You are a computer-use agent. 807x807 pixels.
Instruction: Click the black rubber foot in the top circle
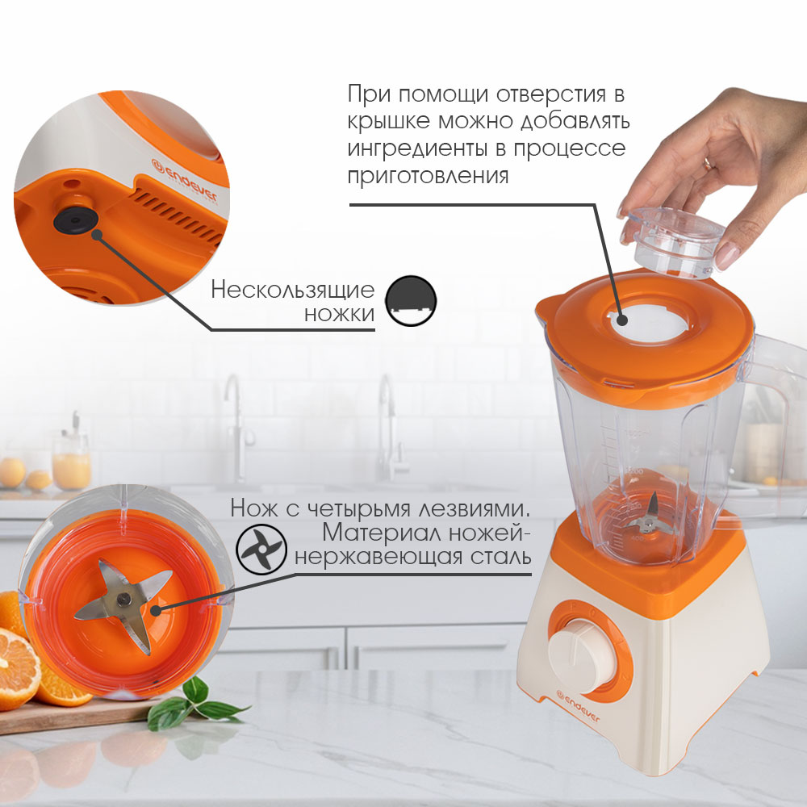pyautogui.click(x=76, y=221)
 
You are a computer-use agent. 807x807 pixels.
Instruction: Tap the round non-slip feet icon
pyautogui.click(x=411, y=301)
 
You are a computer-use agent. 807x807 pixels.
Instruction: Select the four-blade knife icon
pyautogui.click(x=261, y=549)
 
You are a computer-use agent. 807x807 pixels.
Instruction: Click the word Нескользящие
pyautogui.click(x=292, y=291)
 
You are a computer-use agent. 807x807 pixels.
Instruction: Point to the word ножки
pyautogui.click(x=339, y=314)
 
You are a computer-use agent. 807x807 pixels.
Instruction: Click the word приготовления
pyautogui.click(x=429, y=176)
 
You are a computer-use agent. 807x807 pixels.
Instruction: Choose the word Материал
pyautogui.click(x=382, y=533)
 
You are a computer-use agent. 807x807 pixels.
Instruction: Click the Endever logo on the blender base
pyautogui.click(x=578, y=708)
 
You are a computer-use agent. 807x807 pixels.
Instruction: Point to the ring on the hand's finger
pyautogui.click(x=709, y=164)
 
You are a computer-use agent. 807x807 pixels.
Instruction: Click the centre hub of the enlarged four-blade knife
pyautogui.click(x=123, y=599)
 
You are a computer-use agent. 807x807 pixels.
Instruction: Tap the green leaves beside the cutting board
pyautogui.click(x=193, y=703)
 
